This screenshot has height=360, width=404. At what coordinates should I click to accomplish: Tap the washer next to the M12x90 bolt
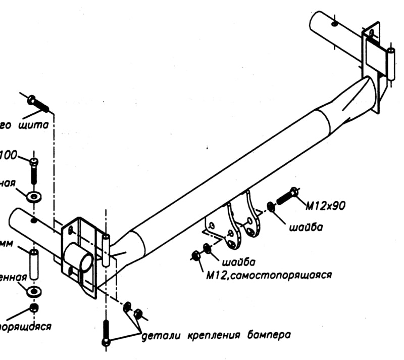(271, 207)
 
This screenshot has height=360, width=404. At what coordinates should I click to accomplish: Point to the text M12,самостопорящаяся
(268, 275)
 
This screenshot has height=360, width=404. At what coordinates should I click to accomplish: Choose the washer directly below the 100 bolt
(34, 195)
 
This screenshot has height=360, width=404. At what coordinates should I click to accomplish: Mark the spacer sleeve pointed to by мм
(34, 263)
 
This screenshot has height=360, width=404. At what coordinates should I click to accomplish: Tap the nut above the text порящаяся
(34, 308)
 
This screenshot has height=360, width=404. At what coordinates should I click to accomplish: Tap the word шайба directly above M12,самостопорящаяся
(237, 261)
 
